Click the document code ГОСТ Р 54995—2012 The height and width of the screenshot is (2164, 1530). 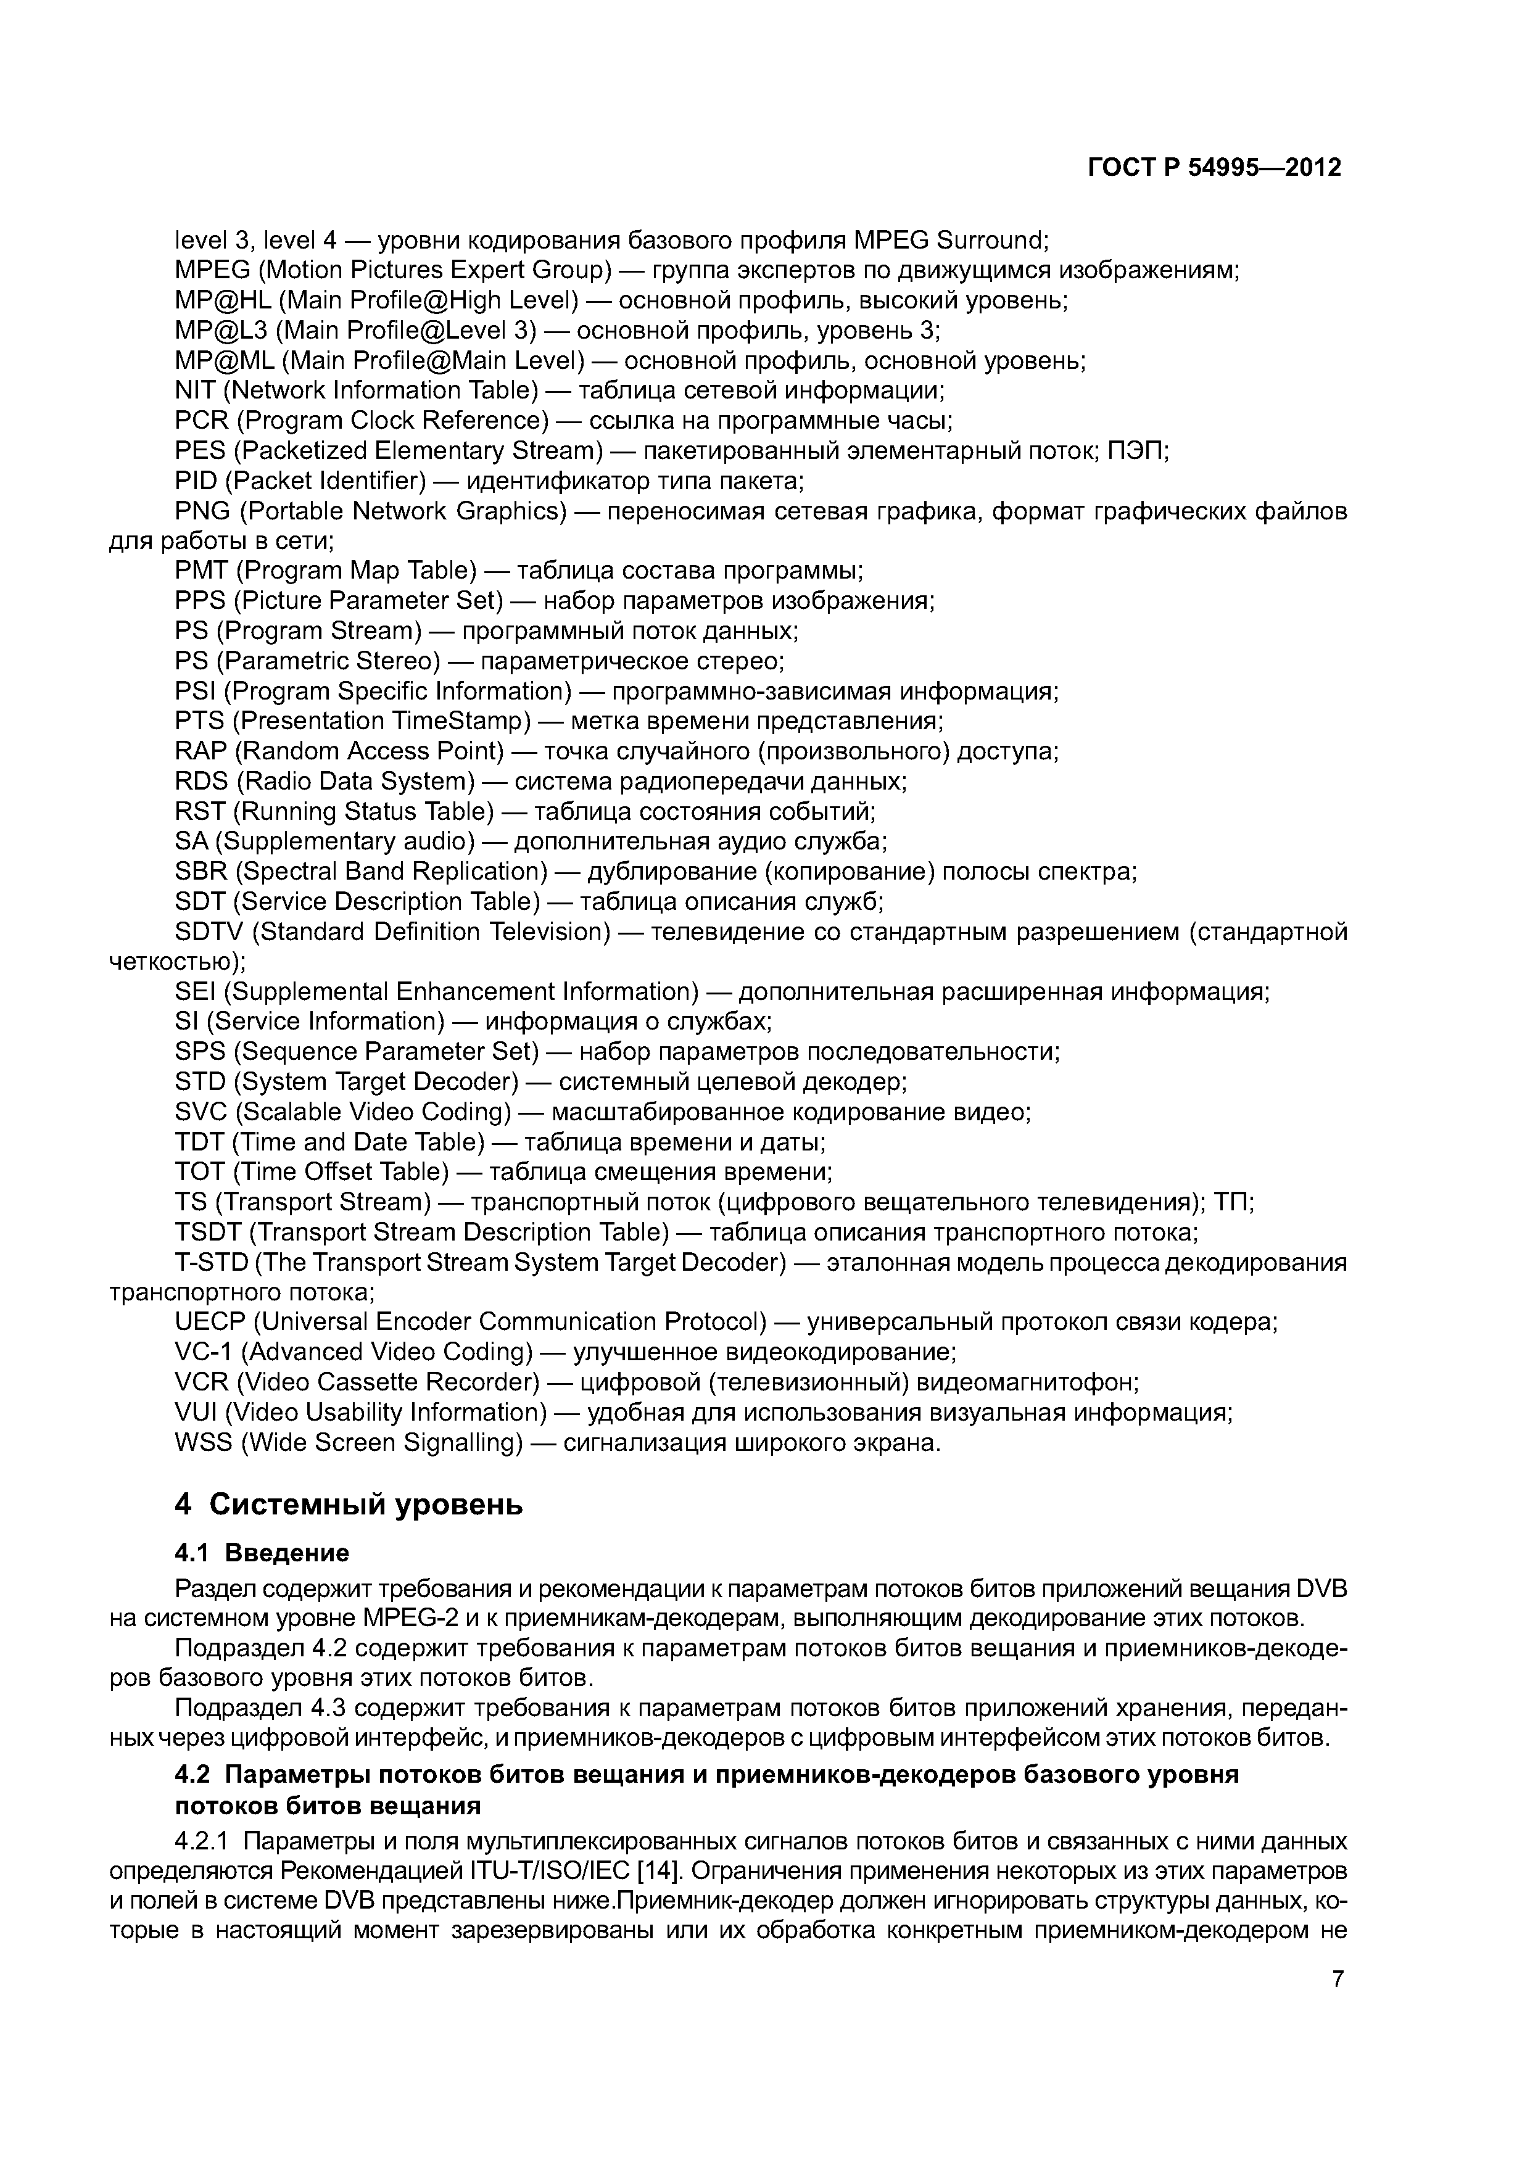coord(1214,168)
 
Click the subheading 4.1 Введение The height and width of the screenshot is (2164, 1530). coord(262,1552)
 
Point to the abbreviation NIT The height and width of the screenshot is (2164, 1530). coord(195,390)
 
